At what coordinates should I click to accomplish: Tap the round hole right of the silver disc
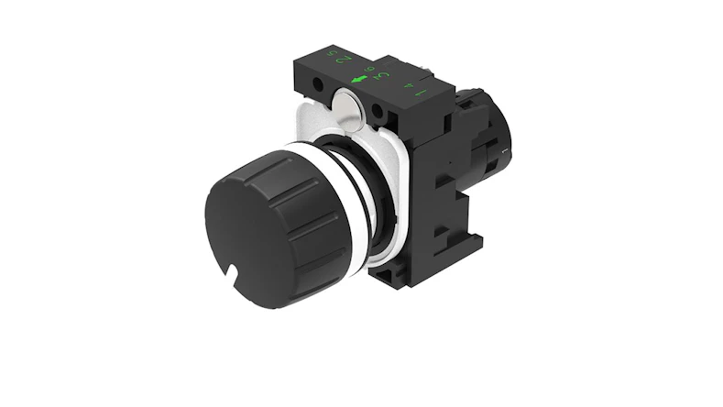point(377,113)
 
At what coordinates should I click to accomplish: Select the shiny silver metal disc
point(349,104)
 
